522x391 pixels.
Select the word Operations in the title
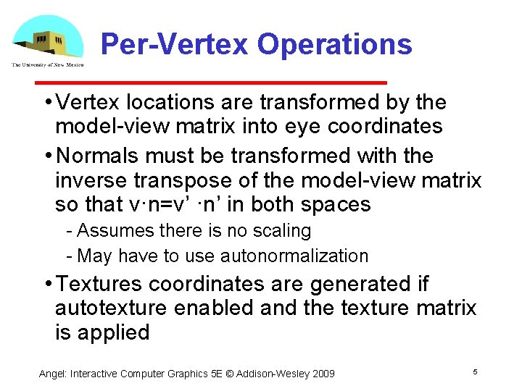pos(334,44)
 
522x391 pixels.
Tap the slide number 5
pos(474,371)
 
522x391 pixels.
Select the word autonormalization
pos(294,256)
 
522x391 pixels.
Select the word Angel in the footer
pos(52,374)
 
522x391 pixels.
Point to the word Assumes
pos(109,230)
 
